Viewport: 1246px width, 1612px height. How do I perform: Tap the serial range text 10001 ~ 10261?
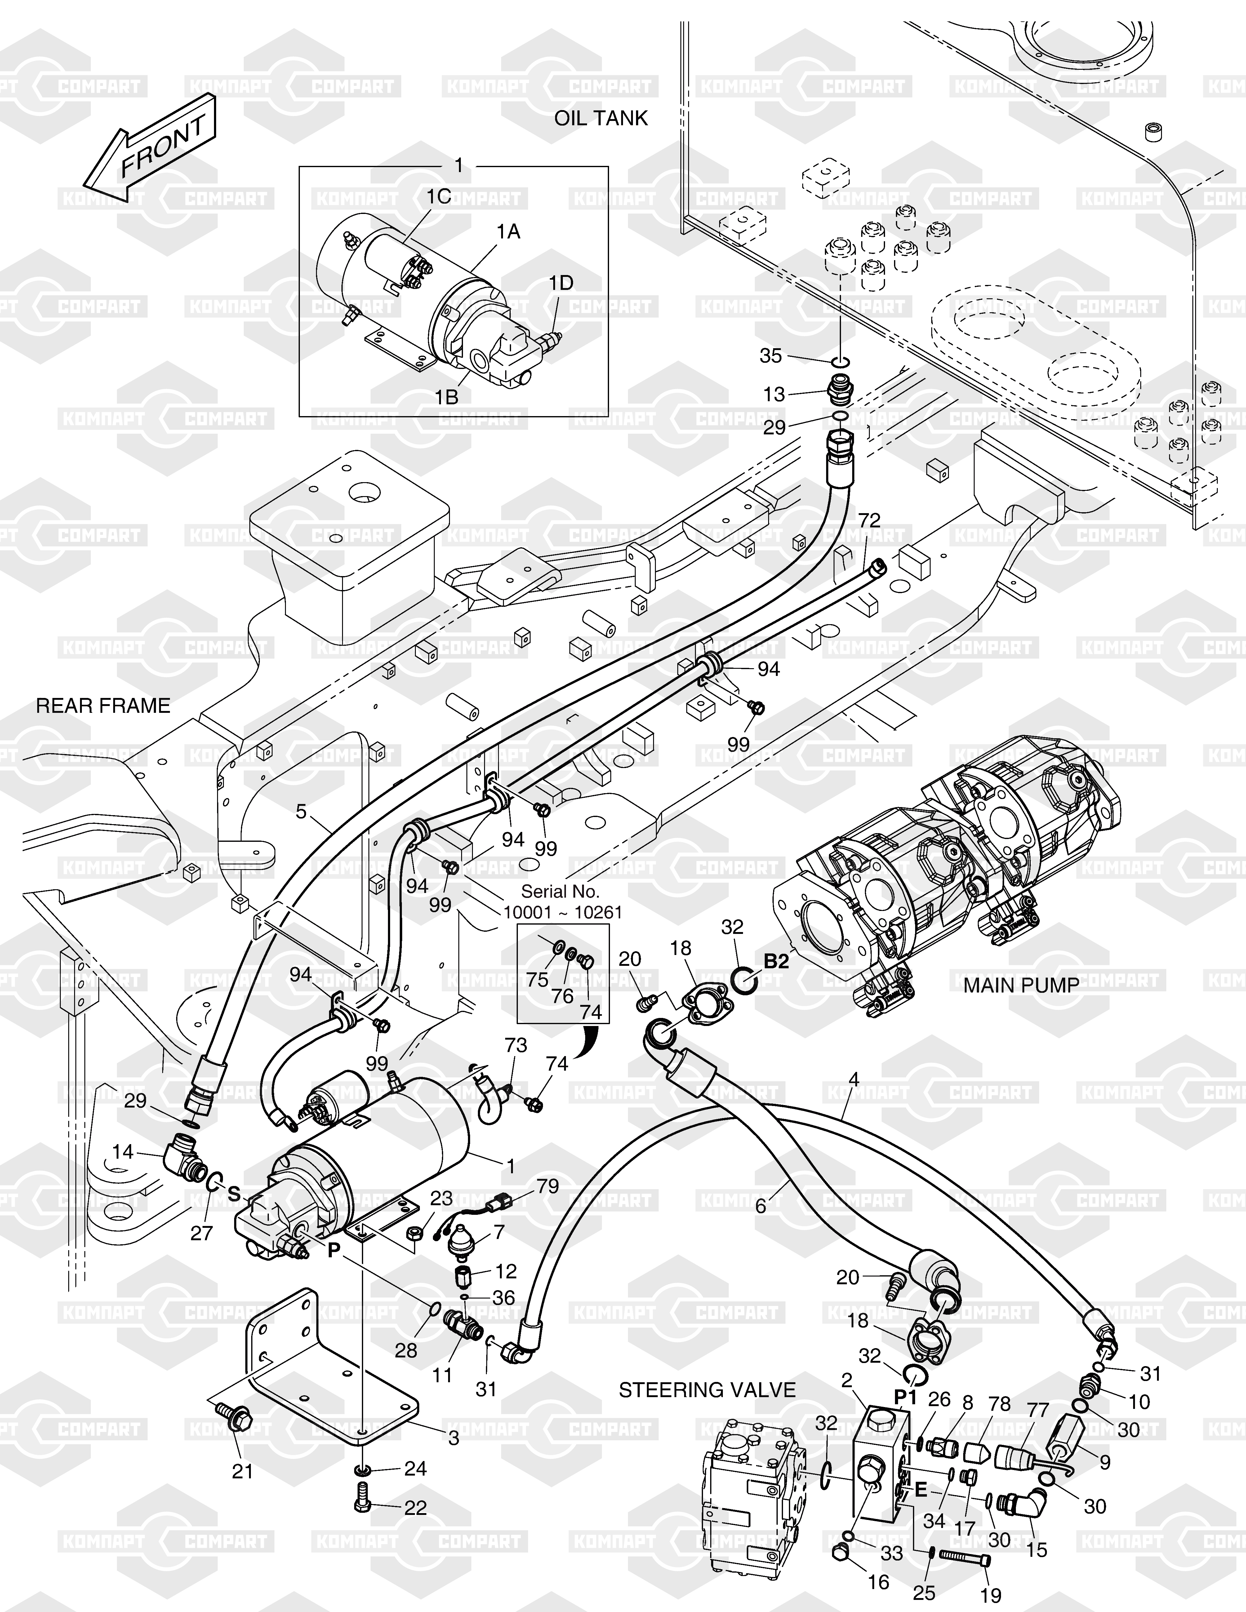click(563, 912)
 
